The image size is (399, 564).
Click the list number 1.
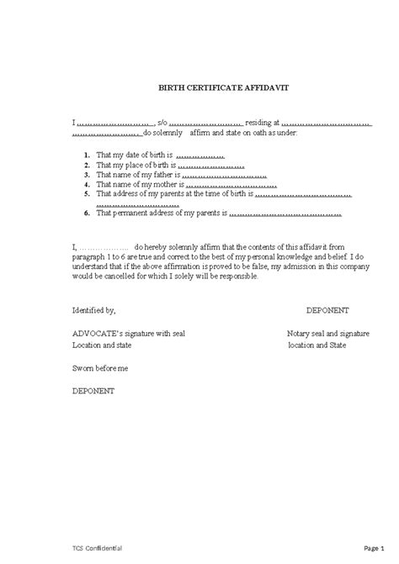(x=88, y=156)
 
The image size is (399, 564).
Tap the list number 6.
(x=88, y=213)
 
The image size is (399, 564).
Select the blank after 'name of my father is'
(x=224, y=176)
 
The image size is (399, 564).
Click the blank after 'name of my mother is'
(x=226, y=185)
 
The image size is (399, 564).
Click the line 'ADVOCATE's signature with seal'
(x=128, y=334)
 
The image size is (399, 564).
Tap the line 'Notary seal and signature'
(x=327, y=334)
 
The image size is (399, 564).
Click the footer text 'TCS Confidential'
(x=98, y=547)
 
